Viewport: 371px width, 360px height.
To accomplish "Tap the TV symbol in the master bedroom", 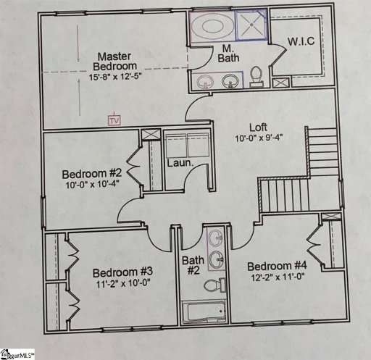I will tap(113, 120).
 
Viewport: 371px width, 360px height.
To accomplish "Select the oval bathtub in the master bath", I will tap(215, 27).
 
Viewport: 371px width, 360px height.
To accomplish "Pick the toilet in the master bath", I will tap(255, 75).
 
